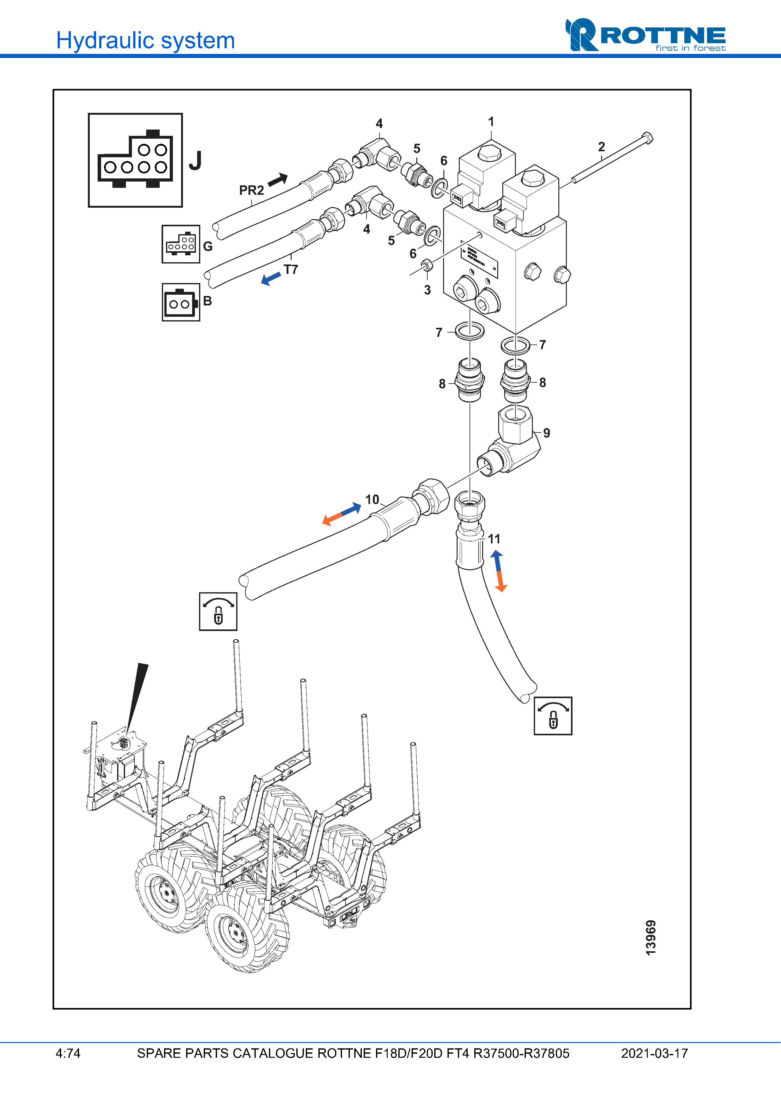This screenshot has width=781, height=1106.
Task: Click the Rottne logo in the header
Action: click(645, 35)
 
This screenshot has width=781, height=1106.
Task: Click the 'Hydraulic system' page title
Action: click(145, 40)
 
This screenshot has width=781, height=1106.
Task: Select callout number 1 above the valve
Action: click(491, 122)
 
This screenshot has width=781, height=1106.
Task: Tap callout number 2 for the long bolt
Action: click(601, 147)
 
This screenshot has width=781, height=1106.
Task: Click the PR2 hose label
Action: click(251, 190)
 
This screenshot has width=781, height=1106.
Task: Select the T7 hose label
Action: click(291, 269)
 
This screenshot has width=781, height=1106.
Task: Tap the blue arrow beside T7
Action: click(271, 278)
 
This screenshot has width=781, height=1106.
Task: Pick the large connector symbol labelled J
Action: click(135, 160)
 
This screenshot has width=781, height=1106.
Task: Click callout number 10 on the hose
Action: click(372, 500)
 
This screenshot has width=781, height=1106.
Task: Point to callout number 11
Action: click(494, 539)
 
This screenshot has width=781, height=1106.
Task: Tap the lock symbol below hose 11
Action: click(553, 716)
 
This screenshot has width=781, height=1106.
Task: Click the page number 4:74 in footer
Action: click(68, 1053)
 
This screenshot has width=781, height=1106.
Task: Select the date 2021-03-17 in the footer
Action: click(654, 1053)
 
